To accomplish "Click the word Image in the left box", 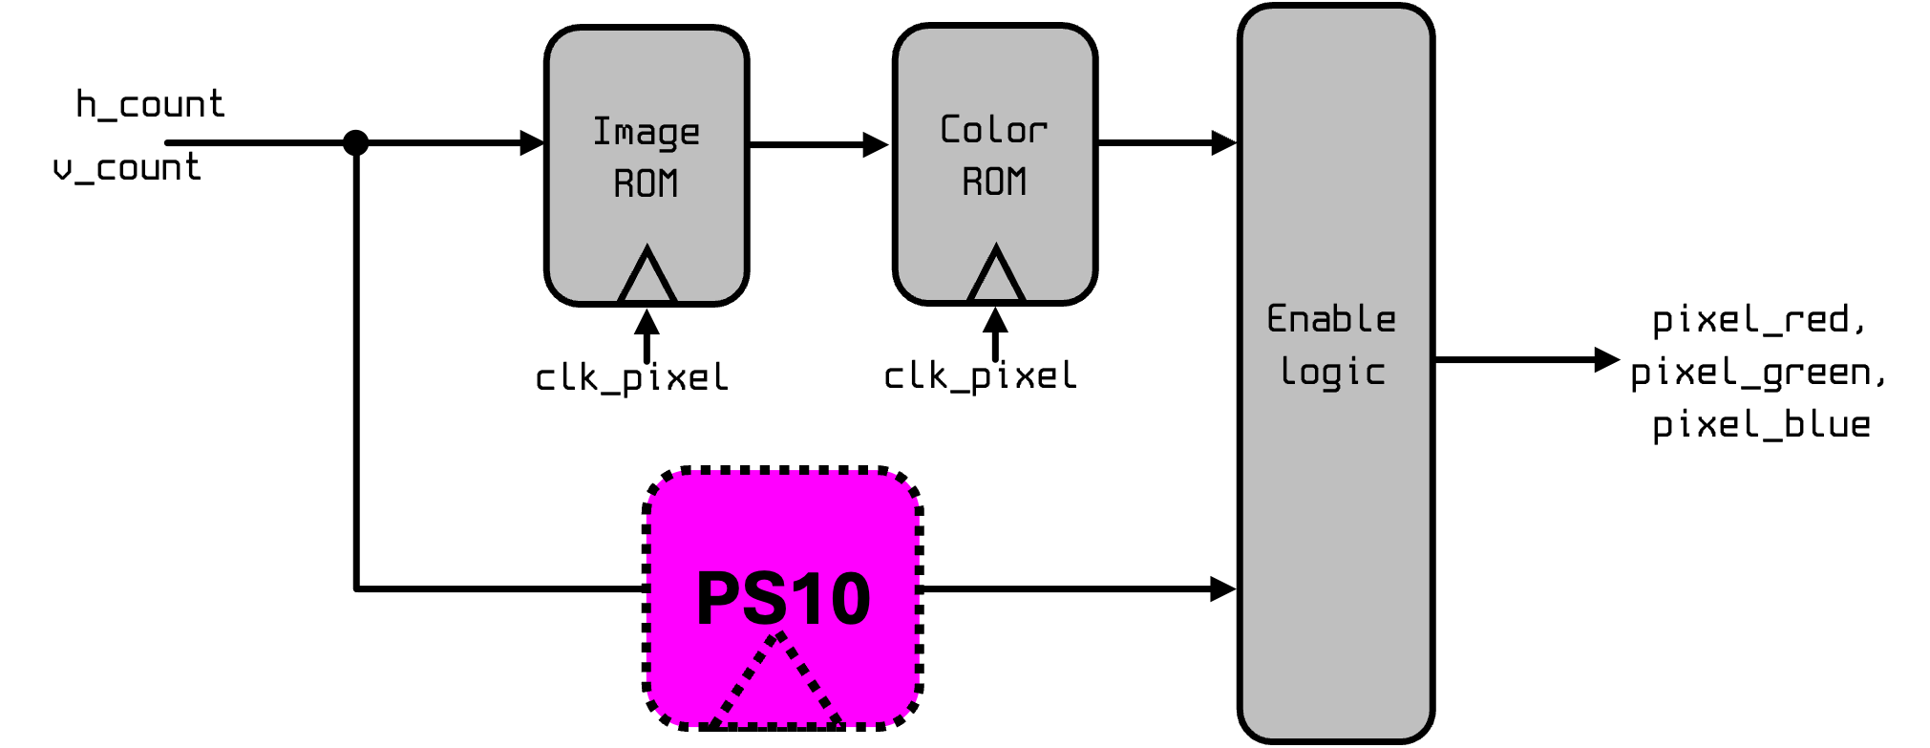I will (647, 132).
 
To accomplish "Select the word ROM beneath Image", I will (647, 182).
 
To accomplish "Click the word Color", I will (994, 130).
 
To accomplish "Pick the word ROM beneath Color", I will (995, 182).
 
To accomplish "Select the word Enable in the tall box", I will (1332, 319).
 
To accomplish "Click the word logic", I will (1333, 372).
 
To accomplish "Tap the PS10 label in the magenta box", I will (783, 599).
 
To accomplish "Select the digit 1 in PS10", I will (805, 599).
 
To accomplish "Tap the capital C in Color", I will (949, 129).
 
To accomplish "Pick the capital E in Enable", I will (1277, 318).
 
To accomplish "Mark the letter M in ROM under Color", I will (1017, 182).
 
